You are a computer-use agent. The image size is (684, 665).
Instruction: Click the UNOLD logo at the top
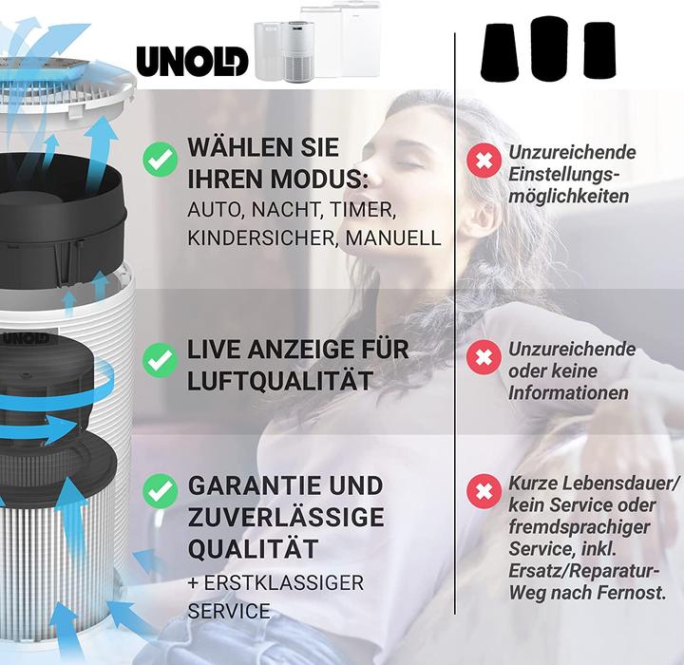coord(192,60)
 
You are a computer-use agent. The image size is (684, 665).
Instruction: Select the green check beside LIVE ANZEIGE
coord(160,361)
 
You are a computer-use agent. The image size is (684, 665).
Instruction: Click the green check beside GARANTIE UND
coord(160,490)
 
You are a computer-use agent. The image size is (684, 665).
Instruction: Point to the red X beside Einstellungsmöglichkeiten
coord(484,161)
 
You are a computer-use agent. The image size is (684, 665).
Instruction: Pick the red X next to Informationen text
coord(484,358)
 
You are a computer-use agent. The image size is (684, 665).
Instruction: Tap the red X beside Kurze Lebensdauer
coord(484,492)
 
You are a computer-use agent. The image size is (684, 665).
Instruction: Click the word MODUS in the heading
coord(305,179)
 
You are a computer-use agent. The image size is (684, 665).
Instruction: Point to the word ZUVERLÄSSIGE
coord(286,518)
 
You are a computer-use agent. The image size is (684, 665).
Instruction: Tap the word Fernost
coord(631,591)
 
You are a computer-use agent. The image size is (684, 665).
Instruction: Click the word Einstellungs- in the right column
coord(564,175)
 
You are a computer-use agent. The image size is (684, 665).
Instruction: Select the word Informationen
coord(568,392)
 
